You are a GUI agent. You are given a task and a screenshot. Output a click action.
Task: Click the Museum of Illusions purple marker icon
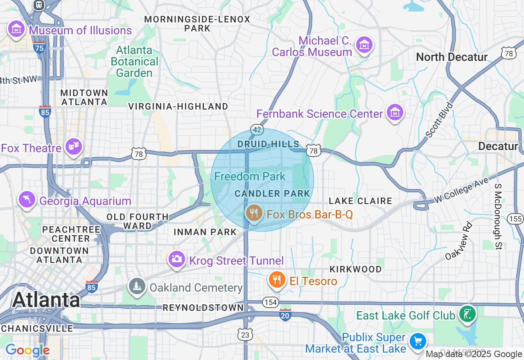(16, 29)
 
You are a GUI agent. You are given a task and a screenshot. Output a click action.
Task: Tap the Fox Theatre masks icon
(73, 146)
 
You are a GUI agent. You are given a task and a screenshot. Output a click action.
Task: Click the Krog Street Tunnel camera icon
(177, 259)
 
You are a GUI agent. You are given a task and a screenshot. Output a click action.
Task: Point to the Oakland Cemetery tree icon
(137, 286)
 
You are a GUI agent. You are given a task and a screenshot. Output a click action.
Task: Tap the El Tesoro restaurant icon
(277, 280)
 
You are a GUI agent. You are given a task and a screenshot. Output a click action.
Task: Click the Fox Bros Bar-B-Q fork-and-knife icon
(254, 213)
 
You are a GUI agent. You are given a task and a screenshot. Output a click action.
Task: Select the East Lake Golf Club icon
(467, 314)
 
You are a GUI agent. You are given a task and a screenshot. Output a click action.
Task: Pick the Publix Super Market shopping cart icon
(418, 341)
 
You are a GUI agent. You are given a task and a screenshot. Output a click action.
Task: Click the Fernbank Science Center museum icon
(395, 112)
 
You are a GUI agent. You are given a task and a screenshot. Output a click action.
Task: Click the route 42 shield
(257, 130)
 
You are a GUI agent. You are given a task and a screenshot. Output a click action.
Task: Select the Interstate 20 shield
(285, 315)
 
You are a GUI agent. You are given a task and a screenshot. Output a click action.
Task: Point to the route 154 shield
(270, 302)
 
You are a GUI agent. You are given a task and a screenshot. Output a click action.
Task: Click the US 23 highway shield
(245, 334)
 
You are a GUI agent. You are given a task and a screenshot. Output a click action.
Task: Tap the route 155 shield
(515, 219)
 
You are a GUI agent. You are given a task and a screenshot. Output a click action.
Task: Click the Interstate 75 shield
(39, 47)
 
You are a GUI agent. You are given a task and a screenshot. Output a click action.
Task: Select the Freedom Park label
(250, 177)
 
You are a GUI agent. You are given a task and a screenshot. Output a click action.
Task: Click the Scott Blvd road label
(439, 119)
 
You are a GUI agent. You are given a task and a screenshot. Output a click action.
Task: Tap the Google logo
(27, 351)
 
